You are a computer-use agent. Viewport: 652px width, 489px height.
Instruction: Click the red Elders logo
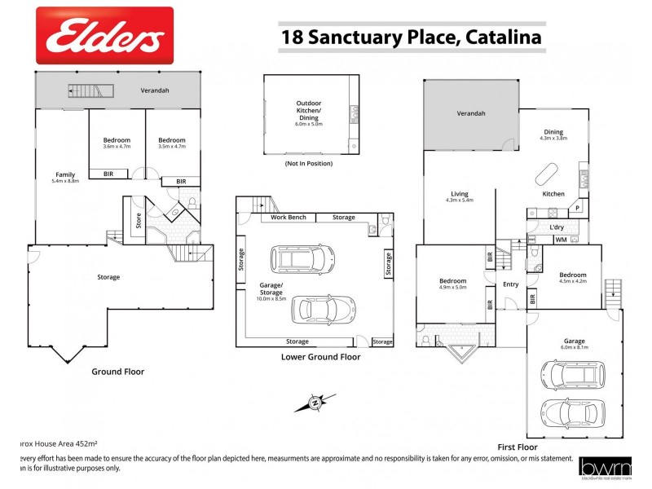[104, 35]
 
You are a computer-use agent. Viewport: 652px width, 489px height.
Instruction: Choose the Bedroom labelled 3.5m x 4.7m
[171, 143]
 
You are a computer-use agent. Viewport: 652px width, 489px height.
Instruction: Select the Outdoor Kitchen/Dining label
[309, 114]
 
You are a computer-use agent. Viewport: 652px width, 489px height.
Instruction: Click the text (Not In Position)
[309, 164]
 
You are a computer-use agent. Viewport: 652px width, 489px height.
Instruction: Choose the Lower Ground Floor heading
[320, 356]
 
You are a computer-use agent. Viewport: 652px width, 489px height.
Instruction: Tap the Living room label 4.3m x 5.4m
[460, 196]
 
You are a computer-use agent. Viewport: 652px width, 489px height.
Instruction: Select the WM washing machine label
[560, 240]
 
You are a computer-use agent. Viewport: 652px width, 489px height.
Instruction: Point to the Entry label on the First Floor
[510, 284]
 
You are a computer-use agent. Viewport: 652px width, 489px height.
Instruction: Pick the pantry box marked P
[578, 208]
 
